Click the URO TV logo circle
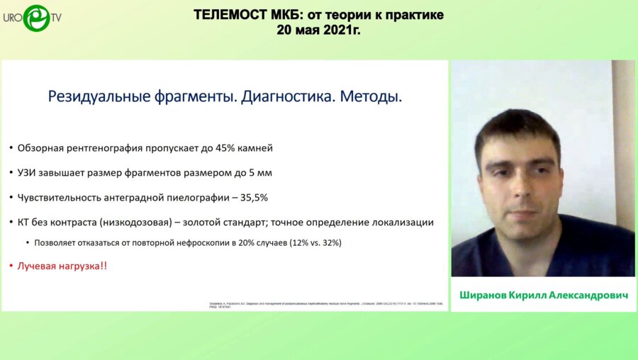point(36,18)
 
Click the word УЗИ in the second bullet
point(29,172)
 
